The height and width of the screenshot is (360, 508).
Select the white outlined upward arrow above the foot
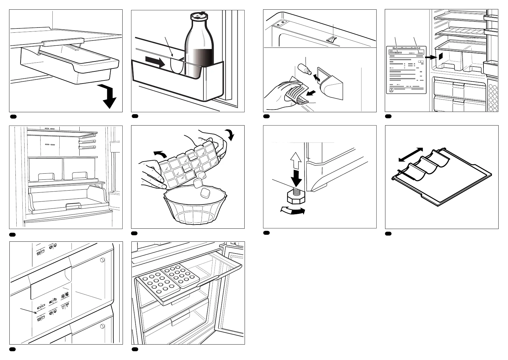tap(297, 161)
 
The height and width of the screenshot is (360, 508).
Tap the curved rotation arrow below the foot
tap(292, 211)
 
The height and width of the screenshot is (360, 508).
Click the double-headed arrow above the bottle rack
tap(411, 154)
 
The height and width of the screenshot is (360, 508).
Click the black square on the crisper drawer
tap(440, 56)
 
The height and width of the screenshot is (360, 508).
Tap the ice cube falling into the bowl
tap(204, 192)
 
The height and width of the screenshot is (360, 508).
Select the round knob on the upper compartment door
tap(102, 260)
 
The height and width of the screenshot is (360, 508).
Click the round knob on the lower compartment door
tap(102, 326)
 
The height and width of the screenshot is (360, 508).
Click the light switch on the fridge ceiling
tap(332, 39)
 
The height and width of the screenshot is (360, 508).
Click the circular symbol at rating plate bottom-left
tap(391, 90)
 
